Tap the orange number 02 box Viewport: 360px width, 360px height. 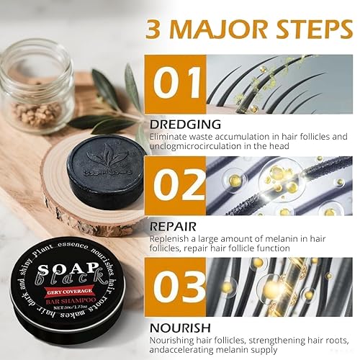click(176, 185)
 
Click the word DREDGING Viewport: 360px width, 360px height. click(171, 124)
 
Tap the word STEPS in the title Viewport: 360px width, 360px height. click(311, 29)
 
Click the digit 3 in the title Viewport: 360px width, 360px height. click(153, 29)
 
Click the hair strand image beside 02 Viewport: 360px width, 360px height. click(280, 186)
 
